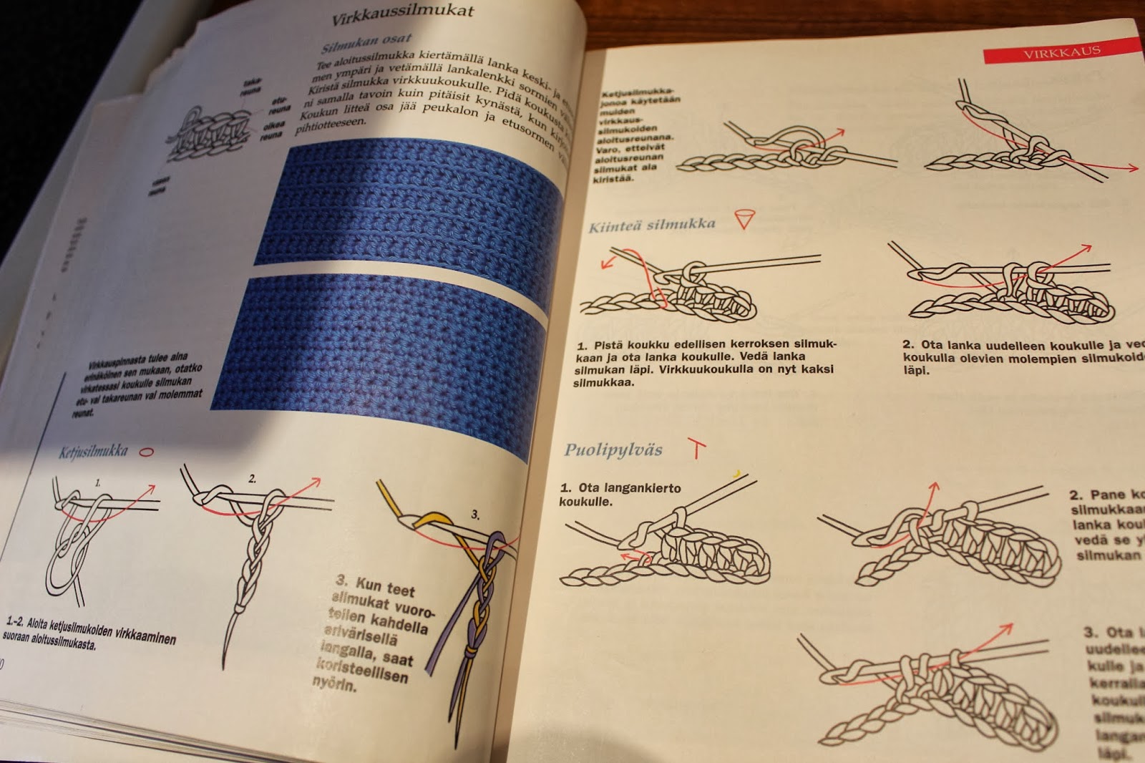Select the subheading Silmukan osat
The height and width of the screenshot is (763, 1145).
[366, 44]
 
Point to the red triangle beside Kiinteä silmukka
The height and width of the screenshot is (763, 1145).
[744, 218]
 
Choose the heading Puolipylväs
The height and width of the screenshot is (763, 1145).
[613, 450]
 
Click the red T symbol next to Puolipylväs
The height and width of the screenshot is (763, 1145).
[696, 449]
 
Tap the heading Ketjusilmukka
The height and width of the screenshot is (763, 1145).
[93, 451]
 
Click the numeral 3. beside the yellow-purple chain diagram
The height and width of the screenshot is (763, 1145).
[475, 515]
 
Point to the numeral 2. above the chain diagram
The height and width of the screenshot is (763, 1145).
[252, 479]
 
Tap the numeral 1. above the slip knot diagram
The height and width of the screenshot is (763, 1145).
[98, 483]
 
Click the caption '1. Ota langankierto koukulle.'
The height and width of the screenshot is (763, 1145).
[620, 494]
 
